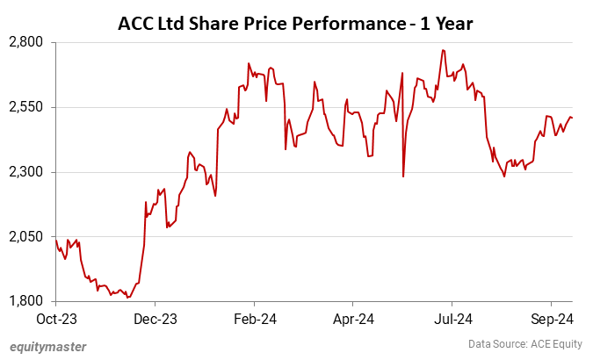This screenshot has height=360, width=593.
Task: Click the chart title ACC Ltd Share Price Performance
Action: pos(295,24)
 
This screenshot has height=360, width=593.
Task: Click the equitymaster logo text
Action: pos(48,346)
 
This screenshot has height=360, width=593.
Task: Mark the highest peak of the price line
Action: pos(443,50)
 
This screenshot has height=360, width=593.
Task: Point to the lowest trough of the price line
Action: pos(127,298)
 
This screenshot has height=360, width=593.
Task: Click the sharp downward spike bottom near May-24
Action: pos(403,176)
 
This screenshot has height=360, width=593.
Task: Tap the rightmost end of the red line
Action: pos(573,118)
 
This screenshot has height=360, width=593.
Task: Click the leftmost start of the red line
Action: pos(55,240)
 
